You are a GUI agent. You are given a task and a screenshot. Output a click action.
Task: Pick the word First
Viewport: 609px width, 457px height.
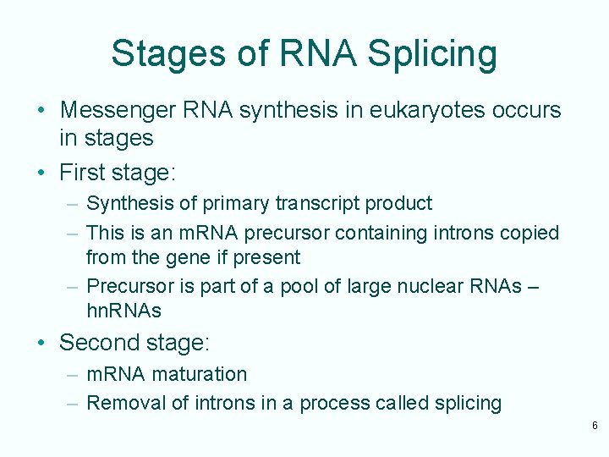(81, 173)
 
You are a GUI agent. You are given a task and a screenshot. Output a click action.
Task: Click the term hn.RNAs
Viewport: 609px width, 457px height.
(123, 311)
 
